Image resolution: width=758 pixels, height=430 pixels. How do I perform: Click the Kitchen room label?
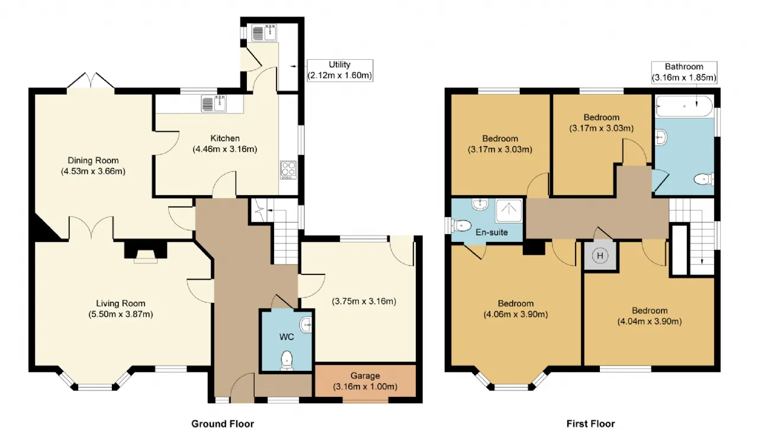[x=225, y=138]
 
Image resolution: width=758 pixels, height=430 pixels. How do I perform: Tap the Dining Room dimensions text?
[x=93, y=172]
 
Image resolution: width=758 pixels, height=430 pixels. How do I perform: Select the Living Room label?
[x=120, y=303]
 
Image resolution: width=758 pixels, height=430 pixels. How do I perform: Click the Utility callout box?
[x=340, y=70]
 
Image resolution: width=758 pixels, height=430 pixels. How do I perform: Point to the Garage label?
[x=365, y=376]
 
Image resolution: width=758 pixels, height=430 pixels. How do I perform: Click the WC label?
[x=286, y=337]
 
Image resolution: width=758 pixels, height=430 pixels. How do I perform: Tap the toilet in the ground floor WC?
[x=287, y=360]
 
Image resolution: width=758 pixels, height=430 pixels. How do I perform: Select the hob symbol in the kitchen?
[x=288, y=170]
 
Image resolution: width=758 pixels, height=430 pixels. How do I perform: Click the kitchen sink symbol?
[x=214, y=103]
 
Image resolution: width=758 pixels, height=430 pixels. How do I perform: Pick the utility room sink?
[x=265, y=33]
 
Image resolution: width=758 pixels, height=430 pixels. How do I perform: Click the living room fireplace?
[x=146, y=251]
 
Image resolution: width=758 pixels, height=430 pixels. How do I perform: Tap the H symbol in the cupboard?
[x=600, y=256]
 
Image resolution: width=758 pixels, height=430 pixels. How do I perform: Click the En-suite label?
[x=492, y=232]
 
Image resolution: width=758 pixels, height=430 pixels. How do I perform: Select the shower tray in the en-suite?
[x=509, y=211]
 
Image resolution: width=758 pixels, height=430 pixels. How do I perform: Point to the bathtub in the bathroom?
[x=684, y=106]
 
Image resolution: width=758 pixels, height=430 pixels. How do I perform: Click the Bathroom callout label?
[x=684, y=72]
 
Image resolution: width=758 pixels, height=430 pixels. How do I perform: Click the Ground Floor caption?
[x=223, y=423]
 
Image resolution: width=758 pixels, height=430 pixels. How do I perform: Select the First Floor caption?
[x=591, y=423]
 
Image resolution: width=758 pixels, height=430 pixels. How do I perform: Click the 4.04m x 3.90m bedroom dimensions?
[x=650, y=321]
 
